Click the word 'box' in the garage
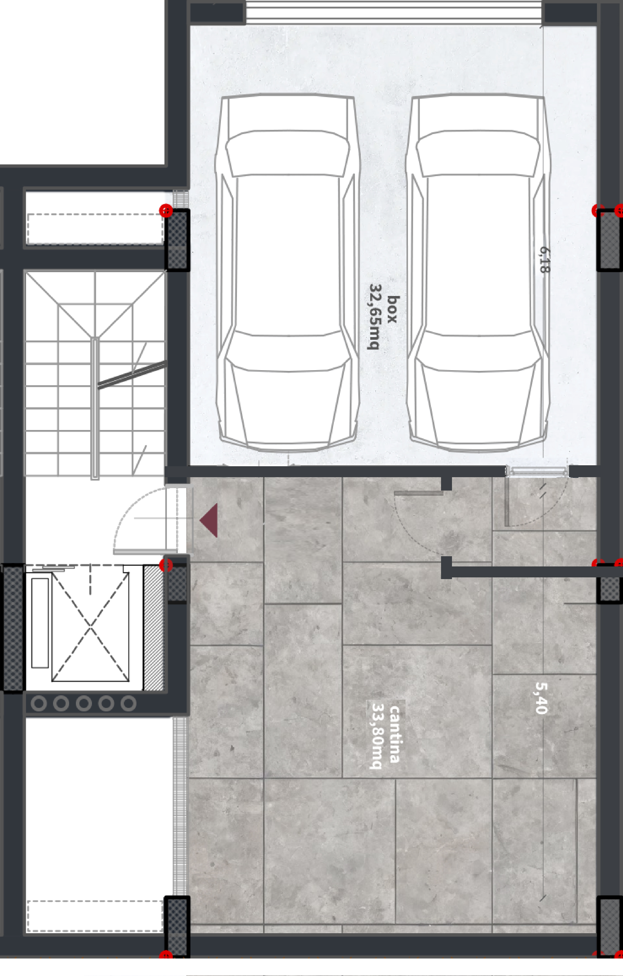pyautogui.click(x=392, y=309)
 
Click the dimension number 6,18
pyautogui.click(x=545, y=260)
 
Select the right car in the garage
pyautogui.click(x=478, y=272)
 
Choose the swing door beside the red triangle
pyautogui.click(x=146, y=520)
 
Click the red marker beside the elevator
pyautogui.click(x=166, y=565)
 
